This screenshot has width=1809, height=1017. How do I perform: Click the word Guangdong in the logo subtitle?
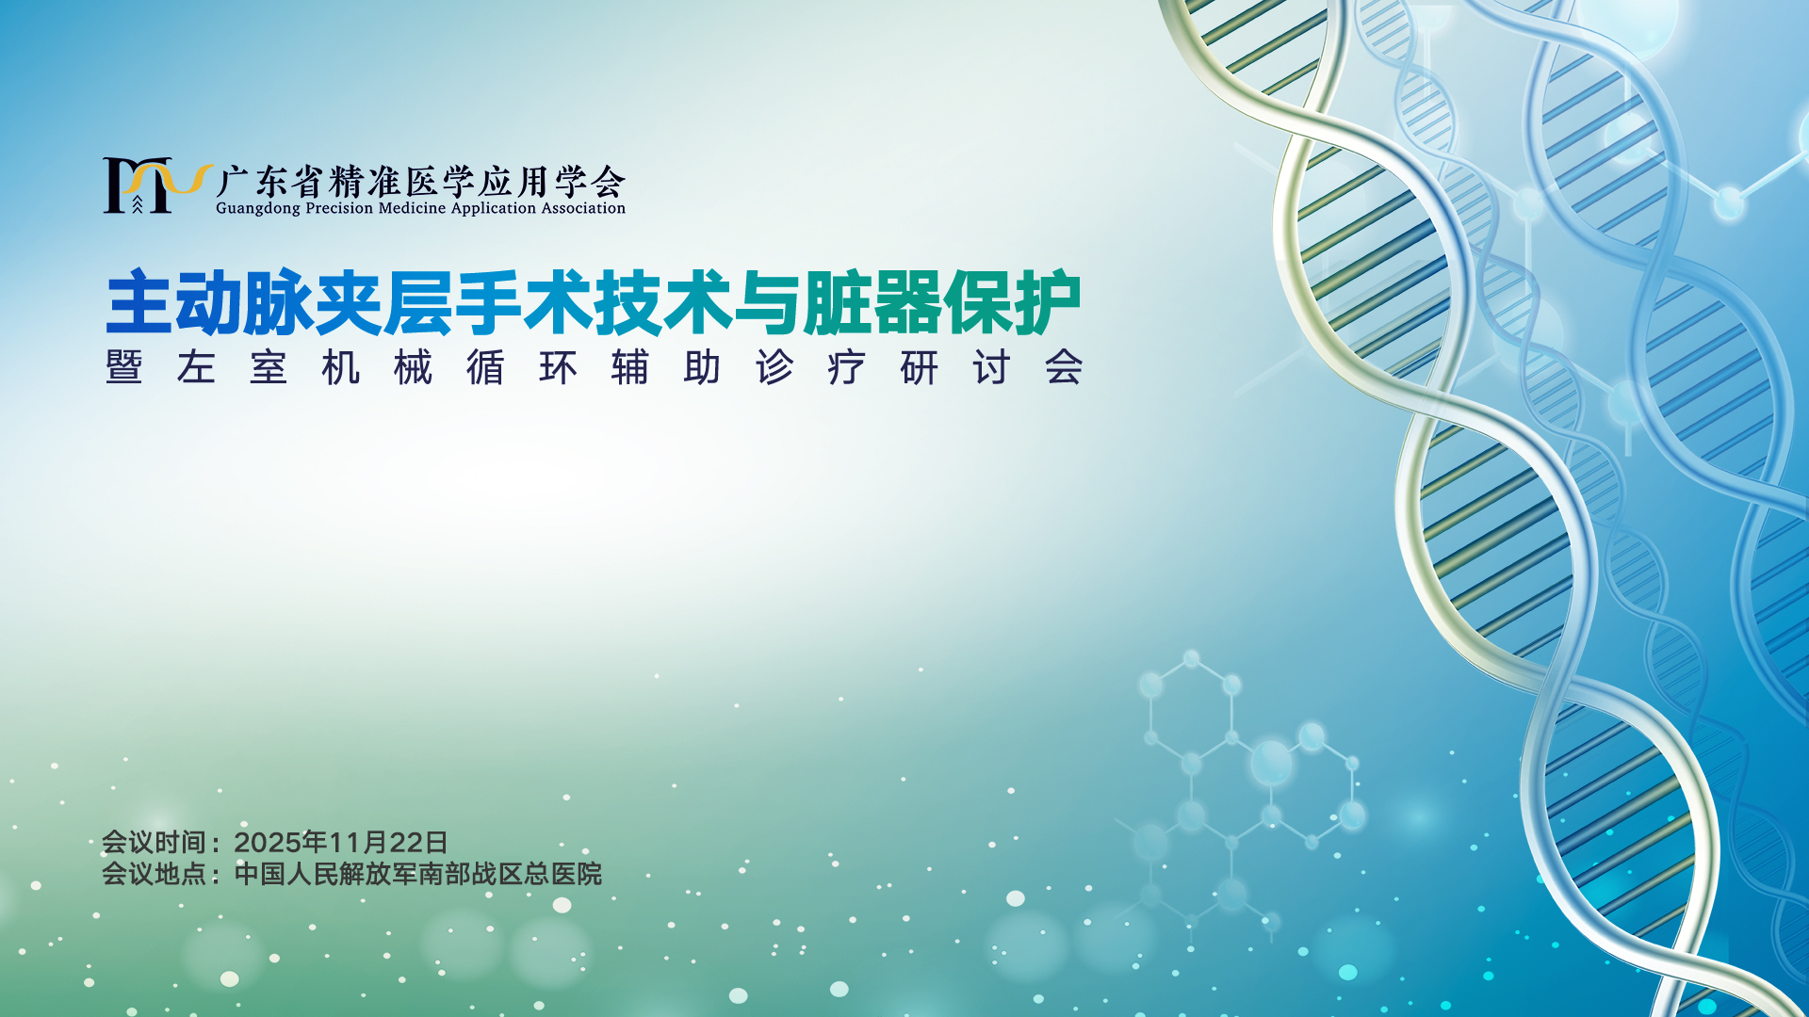coord(257,209)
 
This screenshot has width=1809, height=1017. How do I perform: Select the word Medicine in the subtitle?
coord(414,208)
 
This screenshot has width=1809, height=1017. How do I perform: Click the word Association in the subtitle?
coord(583,208)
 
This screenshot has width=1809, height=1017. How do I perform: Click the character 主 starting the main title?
coord(139,303)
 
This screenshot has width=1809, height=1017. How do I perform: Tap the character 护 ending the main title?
coord(1047,303)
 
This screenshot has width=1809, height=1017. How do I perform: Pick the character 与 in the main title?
coord(768,303)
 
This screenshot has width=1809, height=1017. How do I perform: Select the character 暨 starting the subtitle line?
coord(124,367)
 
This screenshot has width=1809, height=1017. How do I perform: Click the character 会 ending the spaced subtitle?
coord(1064,367)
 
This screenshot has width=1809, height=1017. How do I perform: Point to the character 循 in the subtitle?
coord(485,367)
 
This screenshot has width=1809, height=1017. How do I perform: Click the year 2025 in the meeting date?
coord(267,842)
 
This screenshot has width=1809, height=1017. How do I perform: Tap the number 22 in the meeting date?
coord(405,842)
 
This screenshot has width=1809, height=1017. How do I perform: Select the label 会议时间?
coord(154,842)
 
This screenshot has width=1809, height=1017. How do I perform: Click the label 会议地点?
coord(154,874)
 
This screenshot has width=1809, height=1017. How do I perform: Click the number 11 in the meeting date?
coord(343,842)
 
